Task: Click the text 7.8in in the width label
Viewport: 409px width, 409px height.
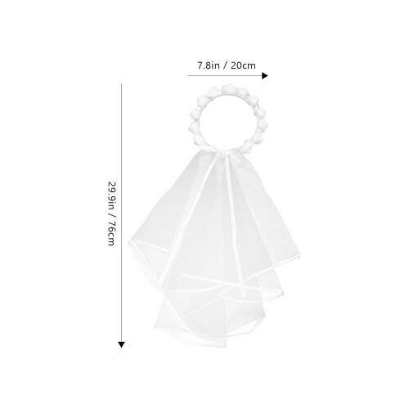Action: (209, 65)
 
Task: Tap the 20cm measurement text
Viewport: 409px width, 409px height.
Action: (243, 65)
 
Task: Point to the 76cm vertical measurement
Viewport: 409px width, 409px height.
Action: (111, 233)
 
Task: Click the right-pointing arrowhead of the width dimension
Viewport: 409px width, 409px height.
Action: (265, 75)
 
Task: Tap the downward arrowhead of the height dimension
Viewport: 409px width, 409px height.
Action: (121, 344)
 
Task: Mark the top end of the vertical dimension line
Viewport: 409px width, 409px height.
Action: (121, 83)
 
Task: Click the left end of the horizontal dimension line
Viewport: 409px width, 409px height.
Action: (188, 75)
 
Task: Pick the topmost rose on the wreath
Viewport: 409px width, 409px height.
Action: (228, 89)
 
